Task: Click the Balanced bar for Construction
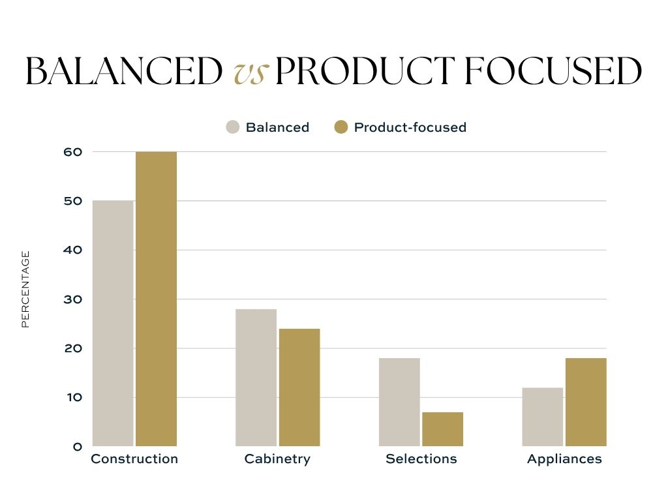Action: pyautogui.click(x=113, y=324)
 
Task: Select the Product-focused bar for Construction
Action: pyautogui.click(x=156, y=299)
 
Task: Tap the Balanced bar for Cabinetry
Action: pyautogui.click(x=256, y=378)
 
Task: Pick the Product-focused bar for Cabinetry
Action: pyautogui.click(x=299, y=387)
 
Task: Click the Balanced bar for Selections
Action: pyautogui.click(x=399, y=402)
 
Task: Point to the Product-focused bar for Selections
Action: pyautogui.click(x=442, y=429)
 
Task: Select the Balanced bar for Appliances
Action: pyautogui.click(x=543, y=417)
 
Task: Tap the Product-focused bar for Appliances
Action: pyautogui.click(x=586, y=402)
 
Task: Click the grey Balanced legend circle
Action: pyautogui.click(x=233, y=127)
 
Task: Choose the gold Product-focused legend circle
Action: pyautogui.click(x=341, y=127)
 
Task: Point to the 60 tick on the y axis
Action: pyautogui.click(x=73, y=152)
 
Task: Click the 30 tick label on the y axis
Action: pyautogui.click(x=73, y=299)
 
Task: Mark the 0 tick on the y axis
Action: pyautogui.click(x=78, y=447)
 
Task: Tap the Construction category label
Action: pyautogui.click(x=134, y=459)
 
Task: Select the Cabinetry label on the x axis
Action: pyautogui.click(x=277, y=459)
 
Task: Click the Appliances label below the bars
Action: pyautogui.click(x=564, y=459)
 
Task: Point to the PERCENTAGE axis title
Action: pyautogui.click(x=25, y=289)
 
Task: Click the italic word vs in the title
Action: pyautogui.click(x=250, y=72)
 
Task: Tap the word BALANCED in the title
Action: pyautogui.click(x=123, y=72)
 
